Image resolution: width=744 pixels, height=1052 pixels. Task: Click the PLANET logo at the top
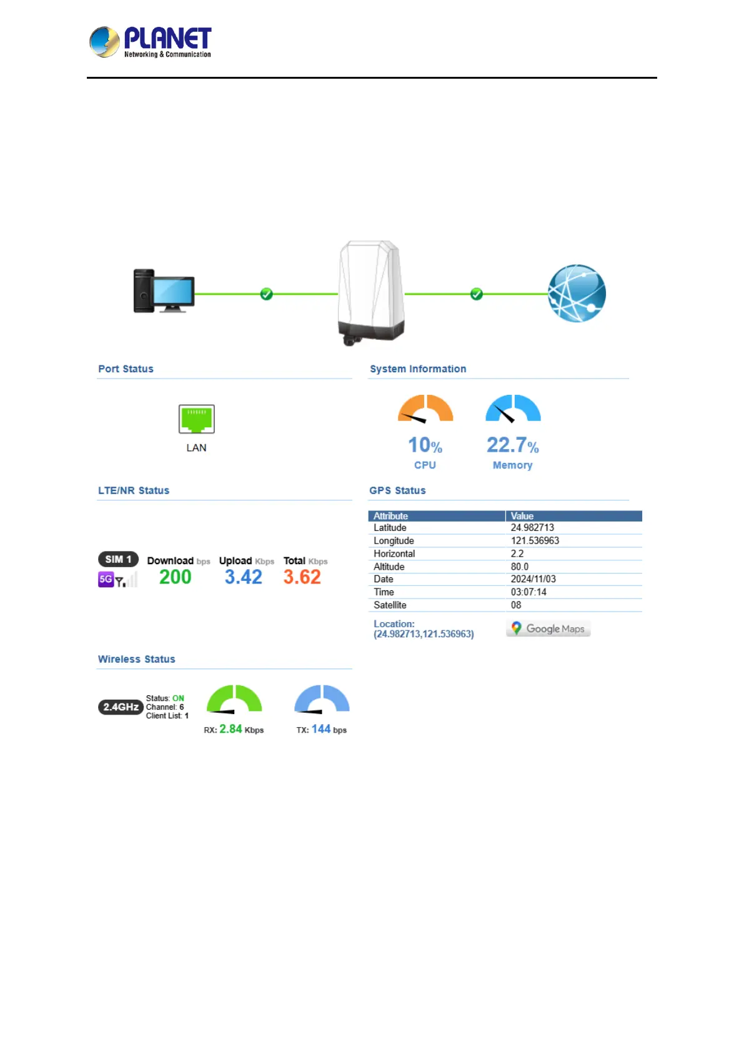[150, 42]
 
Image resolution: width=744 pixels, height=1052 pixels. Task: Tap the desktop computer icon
[164, 291]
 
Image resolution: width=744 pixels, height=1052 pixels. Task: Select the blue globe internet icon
[577, 294]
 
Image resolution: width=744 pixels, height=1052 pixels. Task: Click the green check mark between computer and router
[267, 294]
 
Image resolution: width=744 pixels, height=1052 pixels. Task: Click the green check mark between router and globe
[477, 294]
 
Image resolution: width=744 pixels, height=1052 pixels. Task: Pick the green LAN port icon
[197, 419]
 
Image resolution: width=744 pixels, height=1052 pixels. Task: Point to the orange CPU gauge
[425, 409]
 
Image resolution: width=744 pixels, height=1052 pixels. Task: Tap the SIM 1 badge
[118, 559]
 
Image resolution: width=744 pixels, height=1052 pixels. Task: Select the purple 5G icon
[106, 579]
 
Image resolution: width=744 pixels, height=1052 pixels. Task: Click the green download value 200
[175, 577]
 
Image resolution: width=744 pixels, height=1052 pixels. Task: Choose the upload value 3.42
[244, 577]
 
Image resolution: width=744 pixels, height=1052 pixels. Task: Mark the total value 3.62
[302, 577]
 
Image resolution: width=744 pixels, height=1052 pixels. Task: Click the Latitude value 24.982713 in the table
[532, 528]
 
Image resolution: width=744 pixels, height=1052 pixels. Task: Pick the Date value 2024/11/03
[533, 579]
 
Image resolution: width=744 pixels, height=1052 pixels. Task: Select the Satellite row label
[390, 605]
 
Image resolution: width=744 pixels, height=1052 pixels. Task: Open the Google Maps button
[548, 628]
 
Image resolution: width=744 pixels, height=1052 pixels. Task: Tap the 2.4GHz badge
[121, 707]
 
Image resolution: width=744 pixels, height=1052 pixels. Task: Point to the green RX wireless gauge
[234, 700]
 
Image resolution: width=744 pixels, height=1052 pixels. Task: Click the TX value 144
[321, 729]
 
